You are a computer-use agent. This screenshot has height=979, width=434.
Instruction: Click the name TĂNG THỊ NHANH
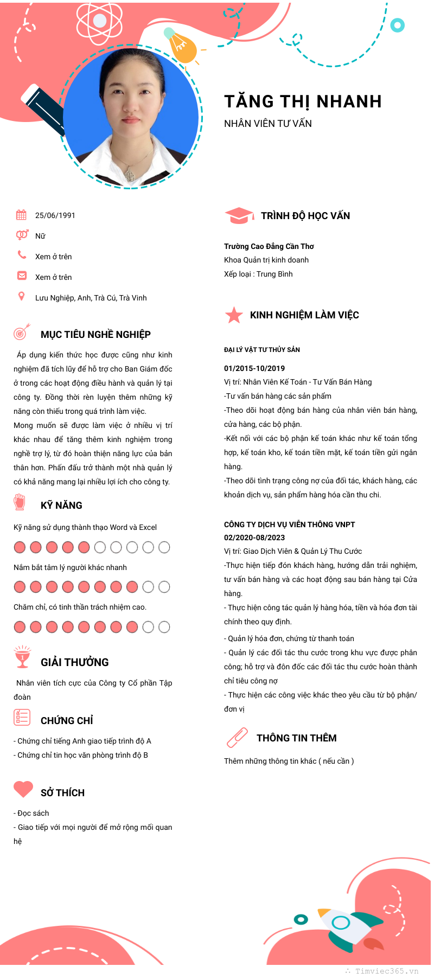click(303, 101)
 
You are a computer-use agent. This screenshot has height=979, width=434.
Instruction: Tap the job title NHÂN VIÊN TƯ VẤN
click(268, 124)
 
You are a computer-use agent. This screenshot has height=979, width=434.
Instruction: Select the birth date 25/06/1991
click(55, 215)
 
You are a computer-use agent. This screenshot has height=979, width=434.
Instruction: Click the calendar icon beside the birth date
click(21, 215)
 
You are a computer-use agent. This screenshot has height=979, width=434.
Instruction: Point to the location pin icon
click(22, 296)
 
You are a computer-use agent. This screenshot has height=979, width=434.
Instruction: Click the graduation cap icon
click(239, 215)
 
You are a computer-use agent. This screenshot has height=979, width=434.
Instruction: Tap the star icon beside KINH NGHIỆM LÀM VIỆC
click(234, 315)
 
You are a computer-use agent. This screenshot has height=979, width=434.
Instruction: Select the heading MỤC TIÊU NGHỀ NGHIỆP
click(95, 335)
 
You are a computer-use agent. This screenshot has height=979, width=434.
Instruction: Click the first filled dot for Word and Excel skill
click(20, 547)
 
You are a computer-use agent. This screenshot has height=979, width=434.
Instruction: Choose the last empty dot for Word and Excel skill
click(164, 547)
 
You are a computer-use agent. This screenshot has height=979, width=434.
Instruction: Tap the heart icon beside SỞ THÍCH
click(23, 789)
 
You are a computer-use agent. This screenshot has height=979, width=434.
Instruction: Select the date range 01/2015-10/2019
click(254, 368)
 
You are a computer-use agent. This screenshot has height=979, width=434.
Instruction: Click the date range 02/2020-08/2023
click(254, 538)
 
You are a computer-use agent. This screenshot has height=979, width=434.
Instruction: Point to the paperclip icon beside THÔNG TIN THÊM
click(237, 738)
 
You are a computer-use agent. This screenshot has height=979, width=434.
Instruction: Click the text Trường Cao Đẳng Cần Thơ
click(269, 246)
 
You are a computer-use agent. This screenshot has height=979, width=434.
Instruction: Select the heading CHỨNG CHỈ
click(67, 721)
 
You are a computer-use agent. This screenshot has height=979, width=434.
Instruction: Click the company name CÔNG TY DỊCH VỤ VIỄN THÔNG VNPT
click(289, 524)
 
